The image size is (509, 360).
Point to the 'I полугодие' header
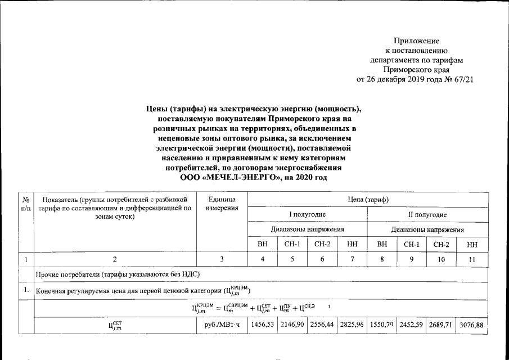click(x=307, y=215)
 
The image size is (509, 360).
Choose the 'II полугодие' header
click(x=427, y=215)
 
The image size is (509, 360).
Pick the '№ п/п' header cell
click(x=26, y=204)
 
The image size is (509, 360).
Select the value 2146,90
click(x=292, y=325)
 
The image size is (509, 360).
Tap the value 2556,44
click(x=322, y=325)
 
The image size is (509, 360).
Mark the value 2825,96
click(x=352, y=325)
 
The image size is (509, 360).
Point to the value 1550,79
click(x=382, y=325)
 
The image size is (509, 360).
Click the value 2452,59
click(x=412, y=325)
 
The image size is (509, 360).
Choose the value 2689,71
click(x=443, y=325)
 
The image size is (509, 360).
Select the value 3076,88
click(x=472, y=325)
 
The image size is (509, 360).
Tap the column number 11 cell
click(x=472, y=259)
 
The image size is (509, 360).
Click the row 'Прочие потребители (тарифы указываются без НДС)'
click(x=118, y=274)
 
